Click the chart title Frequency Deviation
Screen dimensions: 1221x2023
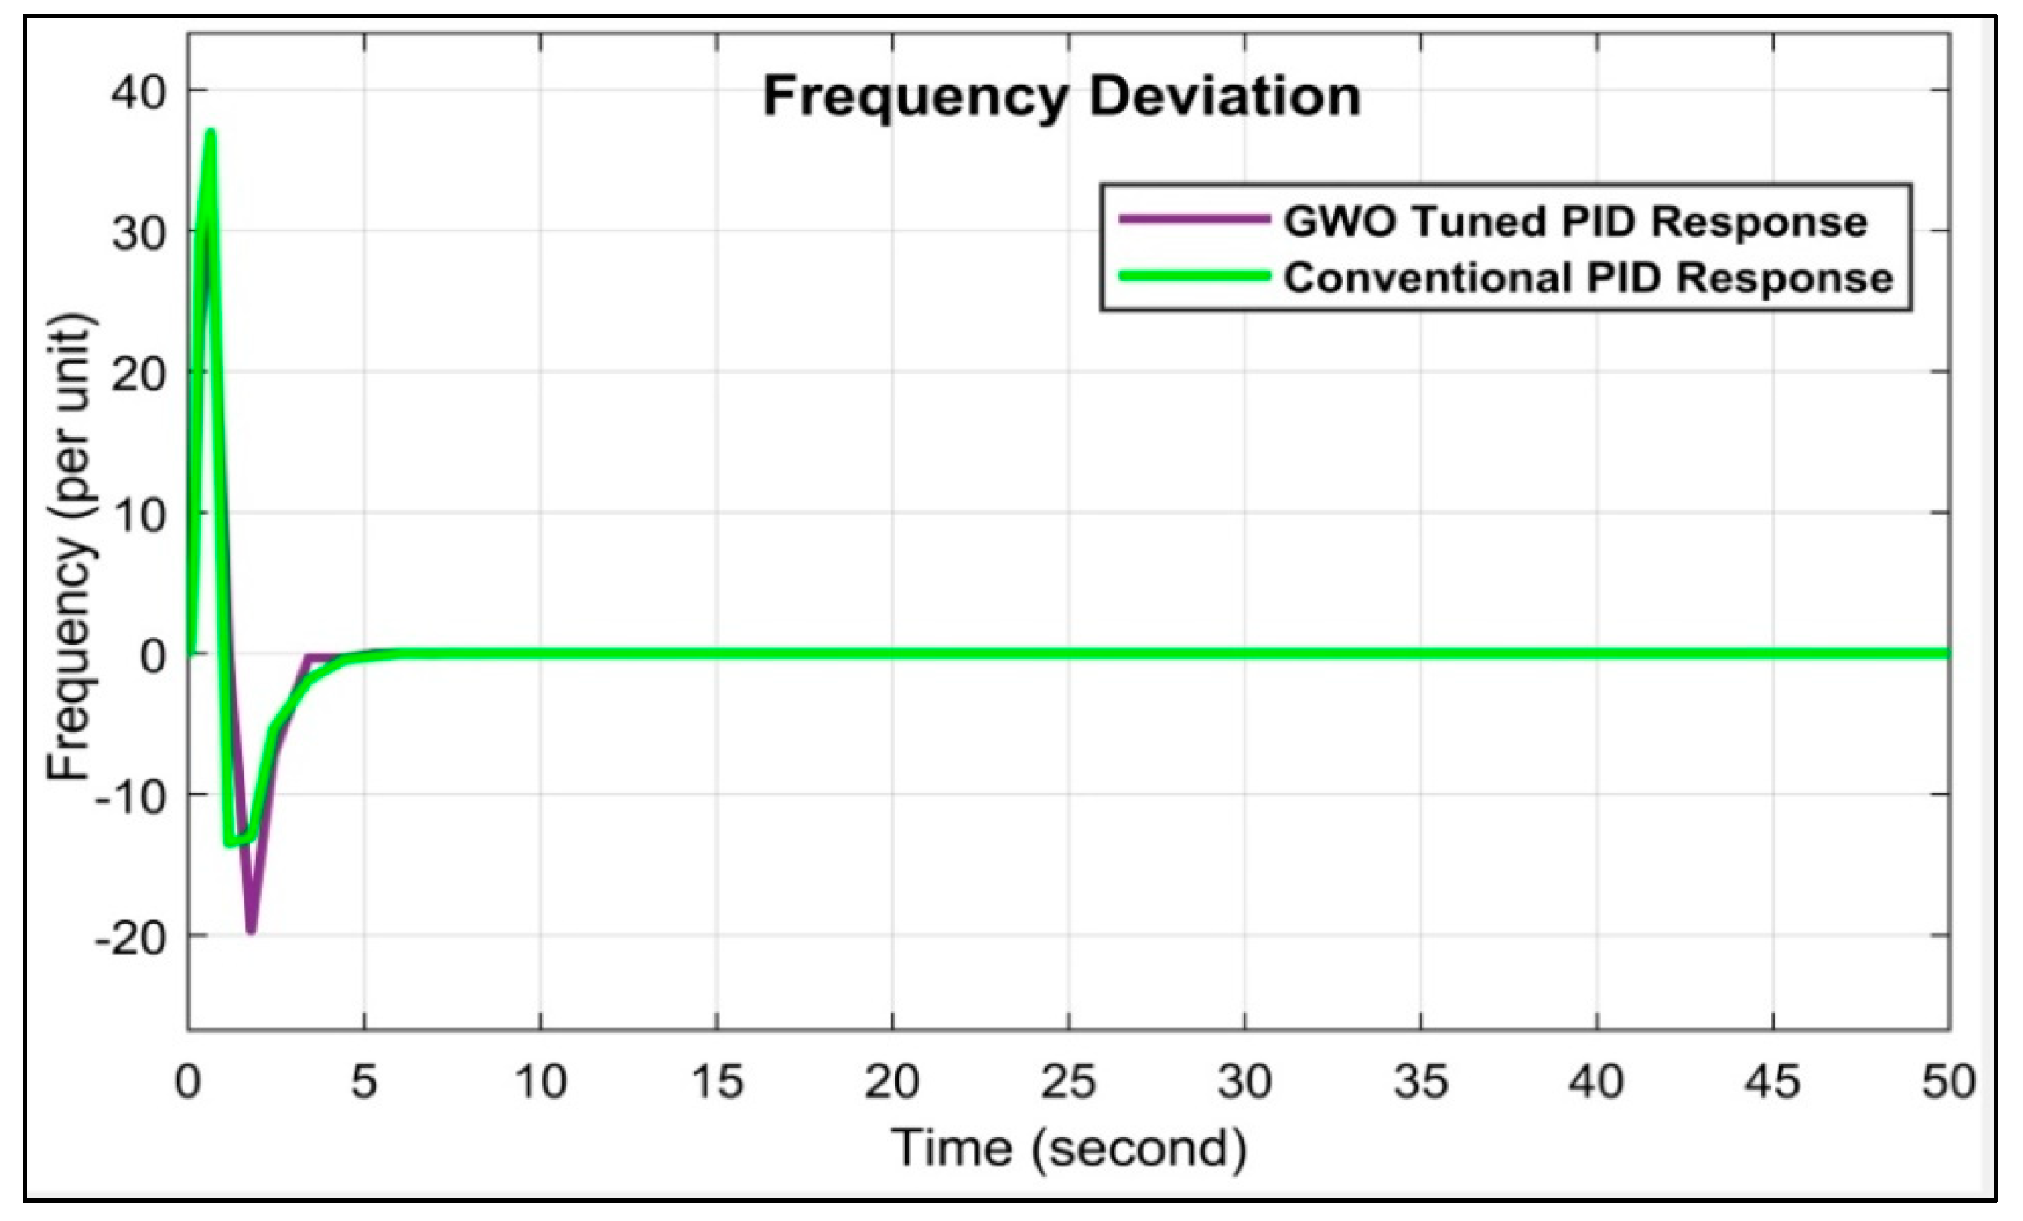click(1062, 96)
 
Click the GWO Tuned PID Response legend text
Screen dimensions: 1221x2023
click(1574, 221)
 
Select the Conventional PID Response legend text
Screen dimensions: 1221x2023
click(1588, 278)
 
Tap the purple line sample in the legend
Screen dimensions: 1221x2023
click(1194, 219)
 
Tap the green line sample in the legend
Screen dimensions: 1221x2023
click(1194, 276)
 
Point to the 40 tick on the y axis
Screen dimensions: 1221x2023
click(138, 91)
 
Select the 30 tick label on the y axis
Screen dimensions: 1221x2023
click(138, 233)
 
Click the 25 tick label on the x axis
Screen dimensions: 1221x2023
click(1068, 1081)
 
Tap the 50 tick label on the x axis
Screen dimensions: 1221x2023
click(1947, 1081)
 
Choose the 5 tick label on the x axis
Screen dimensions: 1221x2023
click(364, 1081)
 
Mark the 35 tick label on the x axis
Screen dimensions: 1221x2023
click(1420, 1081)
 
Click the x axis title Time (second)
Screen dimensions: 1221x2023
click(1069, 1148)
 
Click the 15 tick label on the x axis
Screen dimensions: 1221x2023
click(717, 1081)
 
